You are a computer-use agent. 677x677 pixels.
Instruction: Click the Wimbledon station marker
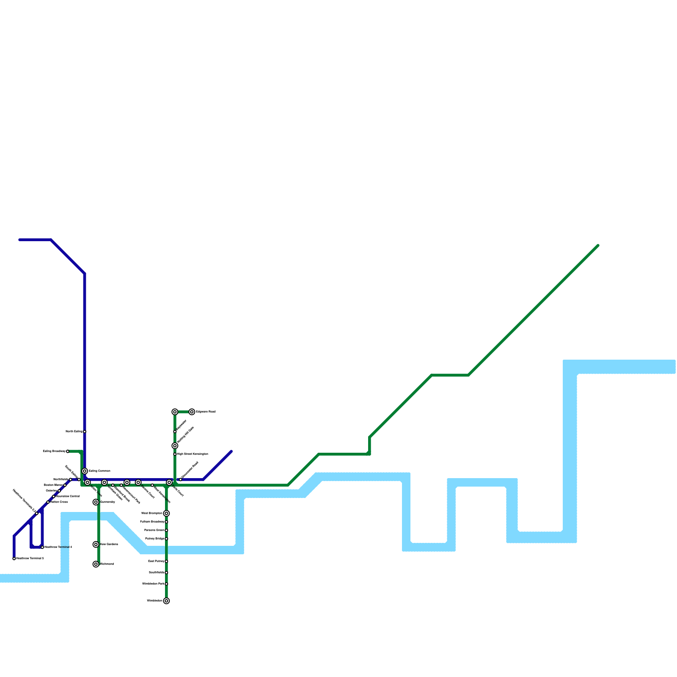166,601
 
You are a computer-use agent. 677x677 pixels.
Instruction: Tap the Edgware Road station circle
192,412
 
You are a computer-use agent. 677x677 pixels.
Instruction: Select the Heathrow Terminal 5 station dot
14,559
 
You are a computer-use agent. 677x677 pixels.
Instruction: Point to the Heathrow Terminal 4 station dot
42,547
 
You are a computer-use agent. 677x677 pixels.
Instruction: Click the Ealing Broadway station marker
68,451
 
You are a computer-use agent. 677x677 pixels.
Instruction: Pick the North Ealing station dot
85,432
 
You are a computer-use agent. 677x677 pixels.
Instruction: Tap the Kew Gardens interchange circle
96,545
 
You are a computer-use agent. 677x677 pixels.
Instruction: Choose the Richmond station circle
96,564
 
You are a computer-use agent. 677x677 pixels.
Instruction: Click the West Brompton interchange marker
166,513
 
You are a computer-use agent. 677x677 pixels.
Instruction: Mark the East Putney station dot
166,561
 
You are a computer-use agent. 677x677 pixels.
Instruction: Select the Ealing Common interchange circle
85,471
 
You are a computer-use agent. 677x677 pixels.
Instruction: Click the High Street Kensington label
193,454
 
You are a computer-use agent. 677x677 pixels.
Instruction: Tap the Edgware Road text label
206,412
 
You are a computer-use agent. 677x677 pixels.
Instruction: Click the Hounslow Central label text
68,496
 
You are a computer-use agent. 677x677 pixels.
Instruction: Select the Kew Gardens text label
109,545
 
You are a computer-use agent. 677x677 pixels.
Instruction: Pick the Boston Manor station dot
65,485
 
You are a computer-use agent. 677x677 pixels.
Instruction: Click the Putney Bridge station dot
166,539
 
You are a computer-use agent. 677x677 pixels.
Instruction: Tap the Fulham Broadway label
151,522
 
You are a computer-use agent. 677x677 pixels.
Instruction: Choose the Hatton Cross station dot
48,502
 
